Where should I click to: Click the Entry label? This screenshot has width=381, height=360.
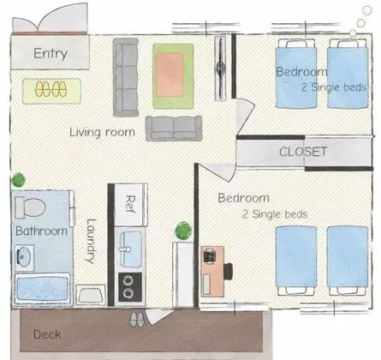pos(51,53)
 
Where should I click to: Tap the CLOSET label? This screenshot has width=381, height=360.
pos(303,152)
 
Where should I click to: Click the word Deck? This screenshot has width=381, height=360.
pos(47,334)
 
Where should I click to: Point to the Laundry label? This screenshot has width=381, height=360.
pos(91,241)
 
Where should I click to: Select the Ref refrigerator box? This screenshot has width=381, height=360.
pos(131,205)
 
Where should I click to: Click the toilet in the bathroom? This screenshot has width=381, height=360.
pos(30,207)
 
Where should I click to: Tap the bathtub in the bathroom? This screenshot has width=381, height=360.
pos(43,288)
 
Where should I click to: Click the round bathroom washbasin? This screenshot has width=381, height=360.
pos(24,257)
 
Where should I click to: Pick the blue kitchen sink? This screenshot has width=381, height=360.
pos(130,249)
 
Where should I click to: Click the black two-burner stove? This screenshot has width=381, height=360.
pos(130,287)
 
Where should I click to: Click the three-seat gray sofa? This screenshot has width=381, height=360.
pos(126,77)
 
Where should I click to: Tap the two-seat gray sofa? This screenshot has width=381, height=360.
pos(174,129)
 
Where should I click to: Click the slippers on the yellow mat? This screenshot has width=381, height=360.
pos(51,89)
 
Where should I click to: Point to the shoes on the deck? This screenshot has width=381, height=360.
pos(137,319)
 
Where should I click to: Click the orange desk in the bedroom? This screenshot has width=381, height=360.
pos(212,272)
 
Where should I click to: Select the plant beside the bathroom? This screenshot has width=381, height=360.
pos(19,180)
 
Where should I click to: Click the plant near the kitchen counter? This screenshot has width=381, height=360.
pos(183,231)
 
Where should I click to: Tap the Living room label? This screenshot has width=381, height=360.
pos(102,133)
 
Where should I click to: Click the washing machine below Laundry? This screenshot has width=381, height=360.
pos(91,295)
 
